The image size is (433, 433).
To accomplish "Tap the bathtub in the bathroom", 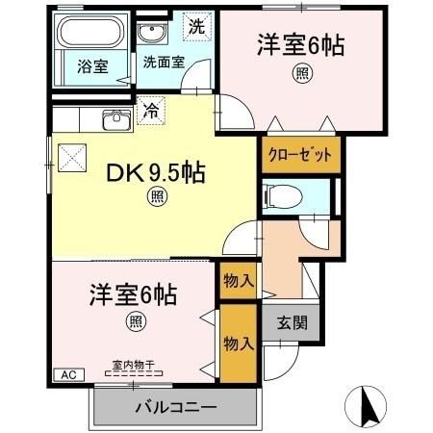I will [x=89, y=35].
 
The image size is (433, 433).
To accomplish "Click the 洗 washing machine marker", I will [x=195, y=27].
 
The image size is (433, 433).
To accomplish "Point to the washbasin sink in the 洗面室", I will [x=151, y=34].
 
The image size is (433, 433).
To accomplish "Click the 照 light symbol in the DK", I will [x=155, y=198].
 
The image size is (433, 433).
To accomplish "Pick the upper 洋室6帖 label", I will [x=301, y=45].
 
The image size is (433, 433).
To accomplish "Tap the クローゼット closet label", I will [x=300, y=154].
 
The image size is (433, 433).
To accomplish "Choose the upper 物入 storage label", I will [x=238, y=281].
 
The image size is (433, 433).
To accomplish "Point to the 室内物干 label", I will [x=134, y=366].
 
